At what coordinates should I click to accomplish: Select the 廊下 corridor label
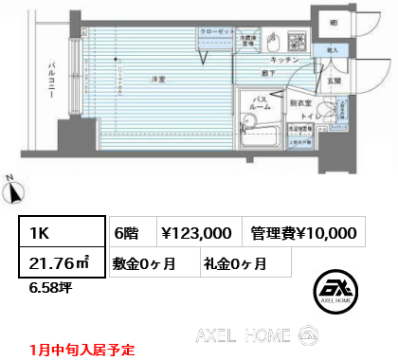click(270, 72)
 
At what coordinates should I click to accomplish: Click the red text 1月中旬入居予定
click(81, 349)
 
